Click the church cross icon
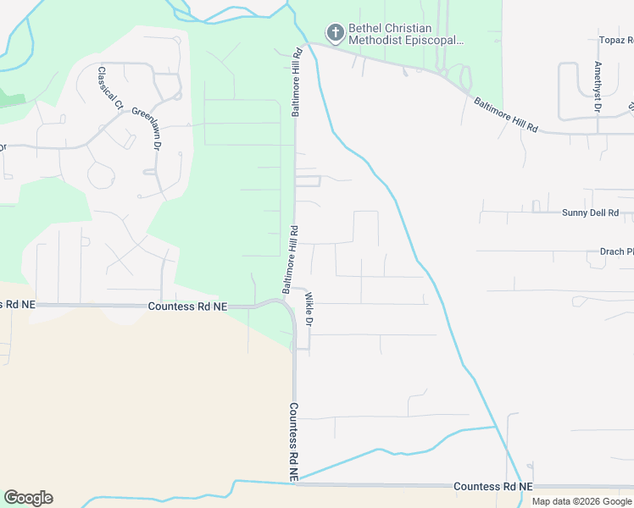pyautogui.click(x=335, y=33)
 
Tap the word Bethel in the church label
pyautogui.click(x=366, y=28)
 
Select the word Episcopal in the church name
pyautogui.click(x=435, y=41)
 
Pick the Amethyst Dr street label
pyautogui.click(x=598, y=87)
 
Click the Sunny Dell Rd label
pyautogui.click(x=590, y=213)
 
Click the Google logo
pyautogui.click(x=28, y=498)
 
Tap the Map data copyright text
pyautogui.click(x=581, y=501)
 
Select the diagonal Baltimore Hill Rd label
pyautogui.click(x=506, y=114)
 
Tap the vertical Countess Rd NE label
pyautogui.click(x=293, y=442)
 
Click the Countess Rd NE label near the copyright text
pyautogui.click(x=492, y=487)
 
